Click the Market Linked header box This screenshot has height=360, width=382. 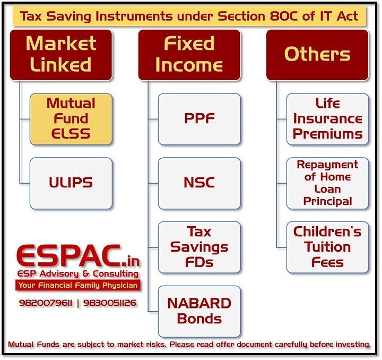[61, 55]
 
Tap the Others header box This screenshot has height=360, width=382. [317, 55]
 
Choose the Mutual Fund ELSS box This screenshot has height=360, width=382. [71, 119]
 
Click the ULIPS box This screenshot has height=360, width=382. [71, 183]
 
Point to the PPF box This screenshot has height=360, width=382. [199, 119]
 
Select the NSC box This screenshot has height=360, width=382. [199, 183]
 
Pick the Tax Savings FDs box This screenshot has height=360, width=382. [199, 247]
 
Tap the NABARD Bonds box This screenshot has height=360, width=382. [199, 311]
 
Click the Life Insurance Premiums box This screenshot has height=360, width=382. [327, 119]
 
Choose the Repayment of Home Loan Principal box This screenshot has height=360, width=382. [327, 183]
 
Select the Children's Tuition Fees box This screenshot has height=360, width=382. [327, 247]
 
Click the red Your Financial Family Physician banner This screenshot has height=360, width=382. [77, 285]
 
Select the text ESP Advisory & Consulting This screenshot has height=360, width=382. [77, 274]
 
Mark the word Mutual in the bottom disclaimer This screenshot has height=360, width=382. [22, 345]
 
